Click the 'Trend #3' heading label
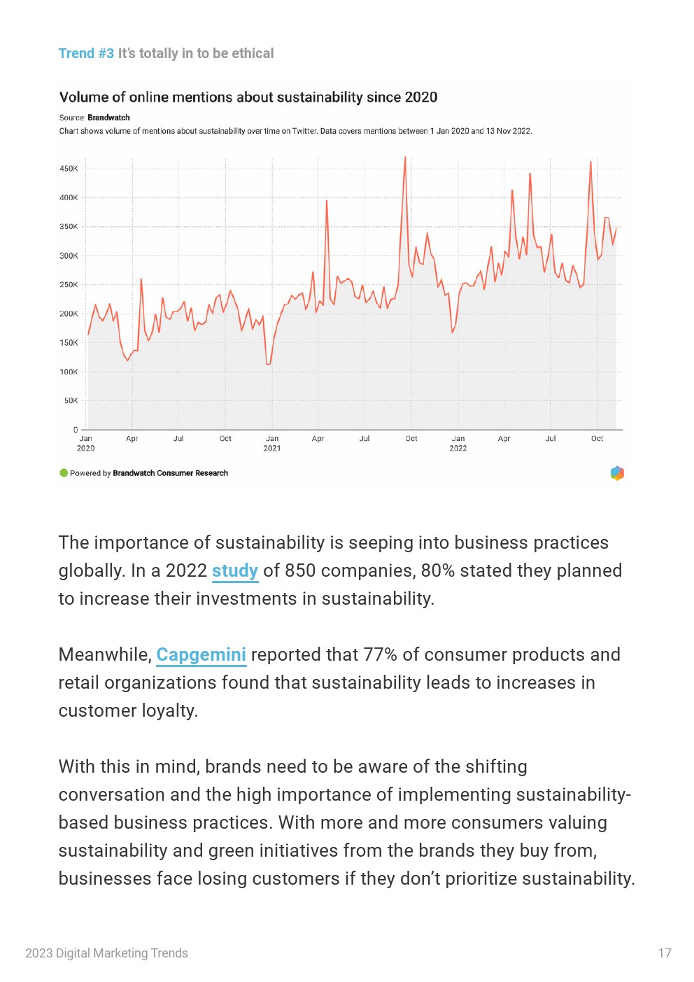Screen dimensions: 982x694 (x=86, y=53)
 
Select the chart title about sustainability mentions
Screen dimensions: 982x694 (x=248, y=97)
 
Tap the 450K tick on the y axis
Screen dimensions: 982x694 (x=69, y=169)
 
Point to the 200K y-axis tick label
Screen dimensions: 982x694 (x=69, y=314)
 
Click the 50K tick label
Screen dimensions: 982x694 (x=71, y=401)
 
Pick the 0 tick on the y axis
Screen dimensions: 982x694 (x=76, y=430)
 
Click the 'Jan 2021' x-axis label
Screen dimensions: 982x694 (x=272, y=443)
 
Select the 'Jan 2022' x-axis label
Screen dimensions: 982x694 (x=458, y=443)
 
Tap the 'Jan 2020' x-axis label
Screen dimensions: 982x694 (x=86, y=443)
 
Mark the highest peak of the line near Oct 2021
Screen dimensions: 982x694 (x=405, y=157)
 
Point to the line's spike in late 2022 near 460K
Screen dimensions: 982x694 (x=590, y=162)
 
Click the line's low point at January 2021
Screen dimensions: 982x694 (x=269, y=364)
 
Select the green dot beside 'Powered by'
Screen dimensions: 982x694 (x=64, y=473)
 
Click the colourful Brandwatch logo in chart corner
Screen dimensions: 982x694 (x=617, y=473)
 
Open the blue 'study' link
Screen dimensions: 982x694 (x=235, y=571)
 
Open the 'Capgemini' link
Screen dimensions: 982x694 (x=201, y=655)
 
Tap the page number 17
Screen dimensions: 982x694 (x=665, y=953)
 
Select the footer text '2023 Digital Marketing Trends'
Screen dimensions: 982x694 (x=106, y=953)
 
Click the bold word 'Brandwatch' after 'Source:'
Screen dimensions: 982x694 (x=108, y=118)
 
